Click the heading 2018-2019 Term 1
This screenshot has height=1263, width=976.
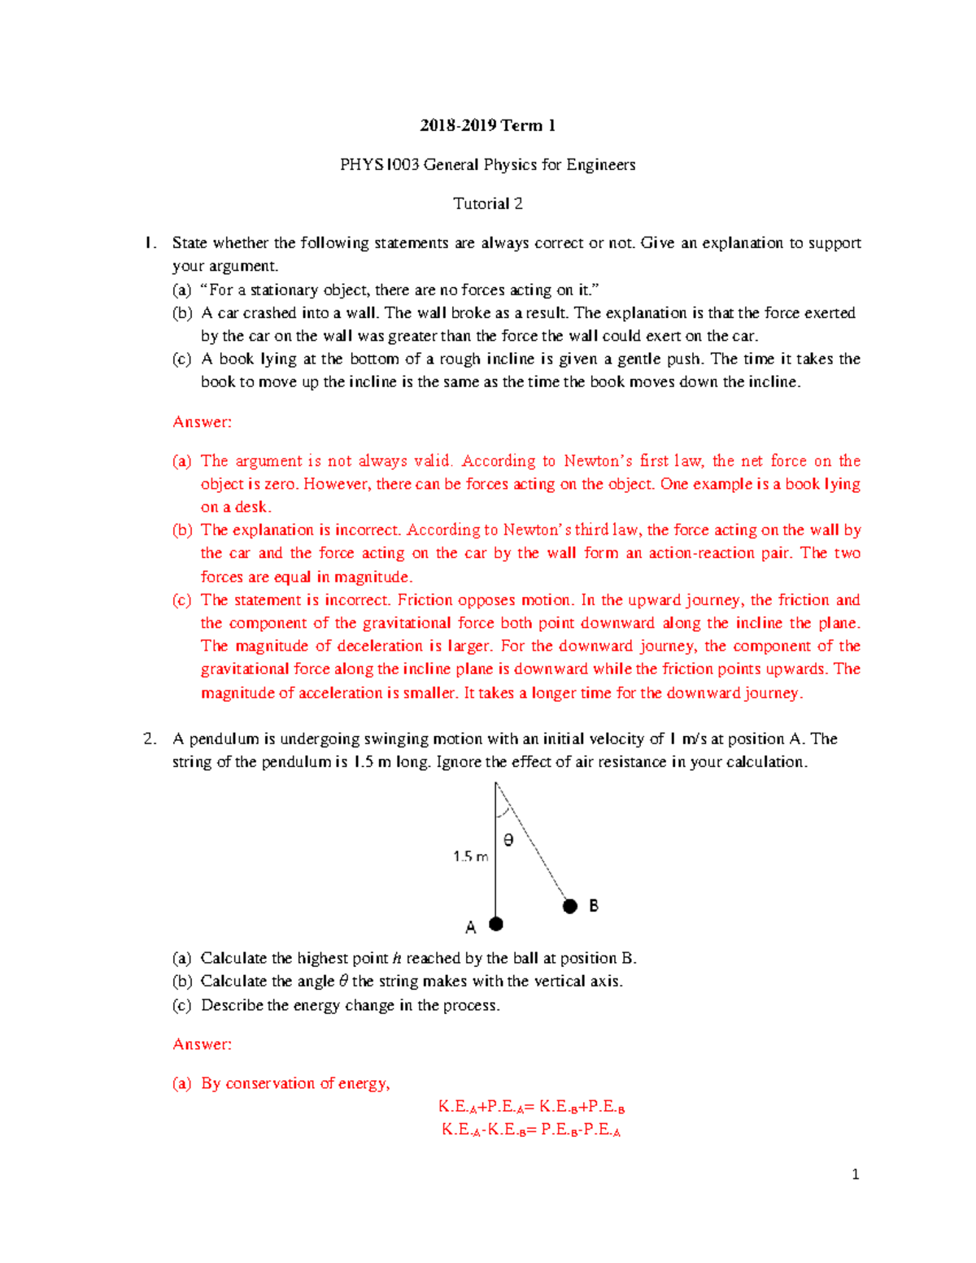487,125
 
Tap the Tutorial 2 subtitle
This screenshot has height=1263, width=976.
487,204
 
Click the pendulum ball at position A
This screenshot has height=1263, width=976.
496,924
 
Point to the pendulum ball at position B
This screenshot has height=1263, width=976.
570,906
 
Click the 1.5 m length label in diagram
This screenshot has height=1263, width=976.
470,856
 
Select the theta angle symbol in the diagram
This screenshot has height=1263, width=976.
508,841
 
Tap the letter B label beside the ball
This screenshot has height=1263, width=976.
594,906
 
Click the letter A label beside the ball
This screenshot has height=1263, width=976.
470,927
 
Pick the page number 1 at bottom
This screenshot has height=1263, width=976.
855,1174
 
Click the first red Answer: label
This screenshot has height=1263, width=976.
202,422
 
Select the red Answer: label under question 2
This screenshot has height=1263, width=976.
202,1044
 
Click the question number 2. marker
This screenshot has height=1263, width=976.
150,739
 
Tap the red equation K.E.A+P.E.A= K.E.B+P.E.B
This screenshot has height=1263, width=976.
531,1107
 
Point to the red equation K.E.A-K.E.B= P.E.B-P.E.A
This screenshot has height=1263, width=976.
531,1130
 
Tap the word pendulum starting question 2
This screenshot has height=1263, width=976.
224,739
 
